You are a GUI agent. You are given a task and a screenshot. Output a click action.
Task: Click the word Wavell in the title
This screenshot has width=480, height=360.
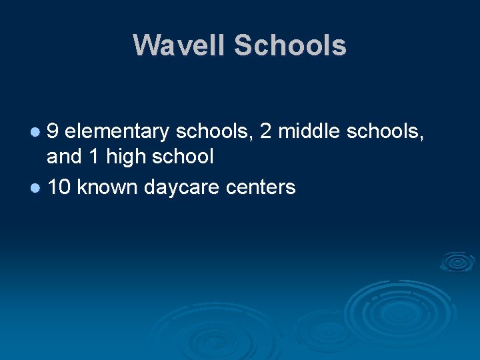click(179, 45)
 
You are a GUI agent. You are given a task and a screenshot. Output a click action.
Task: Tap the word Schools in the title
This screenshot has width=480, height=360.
click(290, 45)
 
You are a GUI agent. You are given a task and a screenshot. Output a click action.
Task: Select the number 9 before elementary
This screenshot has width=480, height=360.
click(53, 131)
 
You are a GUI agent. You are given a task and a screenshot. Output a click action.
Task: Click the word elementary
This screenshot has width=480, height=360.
click(118, 131)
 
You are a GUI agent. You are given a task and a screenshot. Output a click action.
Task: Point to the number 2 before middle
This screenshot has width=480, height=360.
click(266, 131)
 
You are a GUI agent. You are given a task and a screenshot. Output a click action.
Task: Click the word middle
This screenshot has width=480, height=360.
click(309, 131)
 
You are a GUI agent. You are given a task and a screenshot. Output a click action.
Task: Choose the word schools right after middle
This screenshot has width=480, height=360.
click(384, 131)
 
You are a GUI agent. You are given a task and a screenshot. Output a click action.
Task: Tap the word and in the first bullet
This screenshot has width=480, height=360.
click(63, 157)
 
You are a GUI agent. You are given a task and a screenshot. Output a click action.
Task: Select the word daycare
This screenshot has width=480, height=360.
click(182, 187)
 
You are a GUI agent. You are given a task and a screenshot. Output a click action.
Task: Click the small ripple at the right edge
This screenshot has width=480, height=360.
click(458, 262)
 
